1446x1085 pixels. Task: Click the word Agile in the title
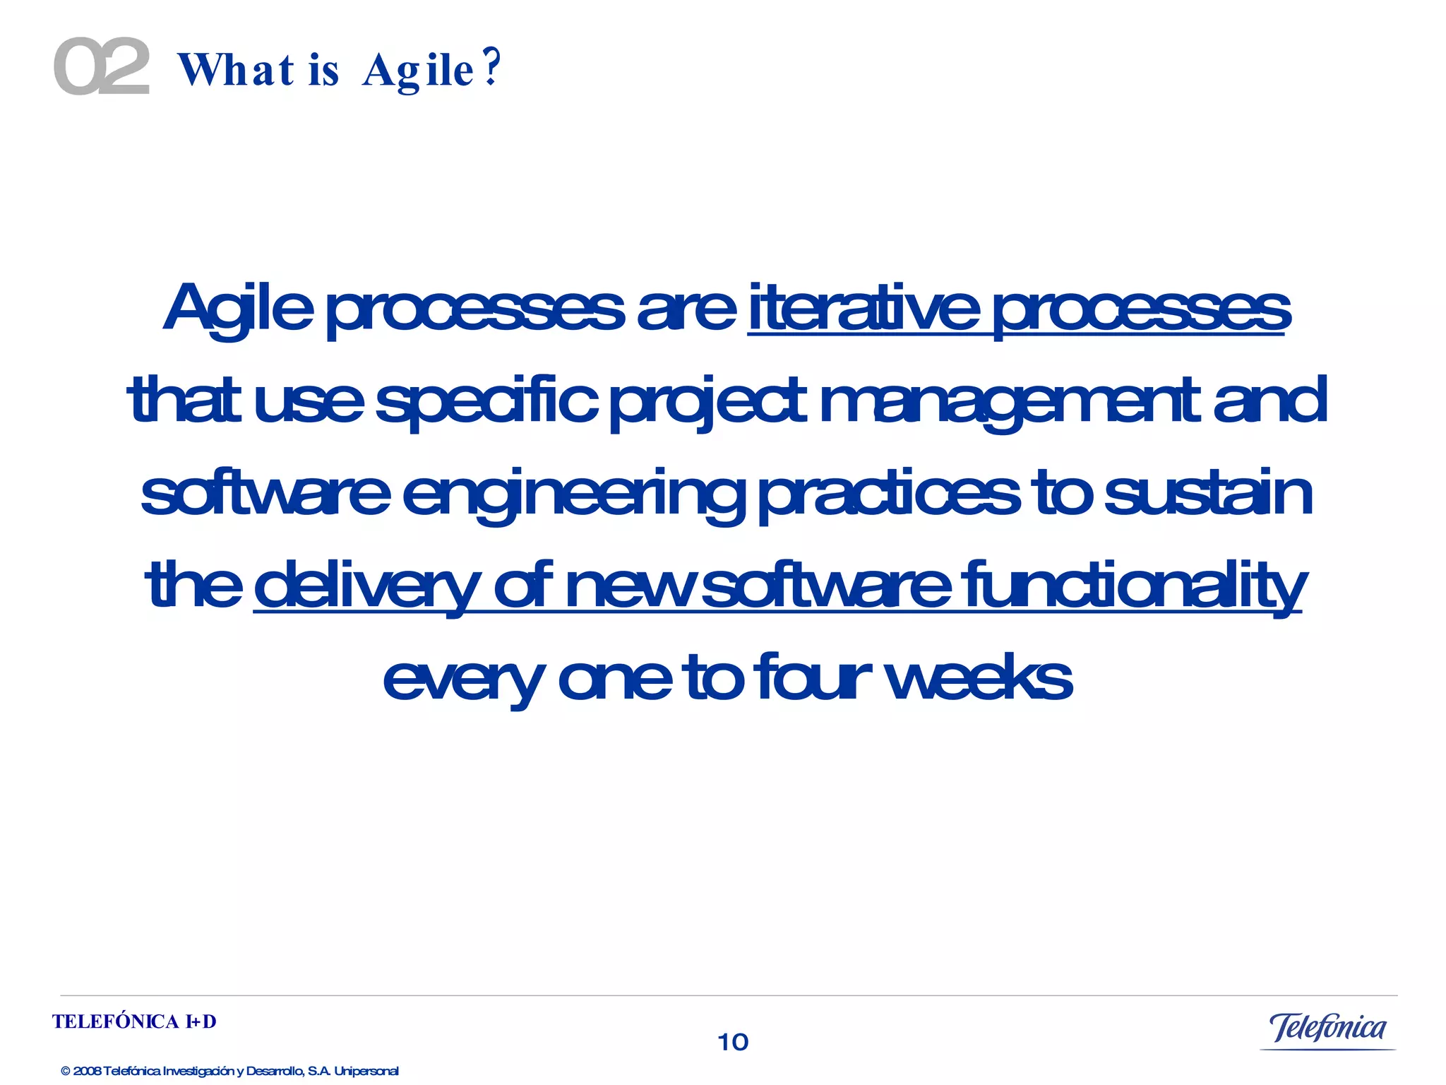(418, 71)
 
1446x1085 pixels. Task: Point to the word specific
(486, 401)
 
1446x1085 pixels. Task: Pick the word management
(1010, 401)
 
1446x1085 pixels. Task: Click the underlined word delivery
(366, 586)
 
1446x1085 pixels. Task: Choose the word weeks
(979, 678)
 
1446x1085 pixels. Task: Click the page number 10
(733, 1042)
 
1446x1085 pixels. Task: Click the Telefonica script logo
(1327, 1028)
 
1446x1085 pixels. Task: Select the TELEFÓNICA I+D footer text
(134, 1022)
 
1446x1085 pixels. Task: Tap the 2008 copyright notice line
(229, 1071)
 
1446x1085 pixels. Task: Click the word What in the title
(236, 71)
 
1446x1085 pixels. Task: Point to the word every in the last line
(463, 678)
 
